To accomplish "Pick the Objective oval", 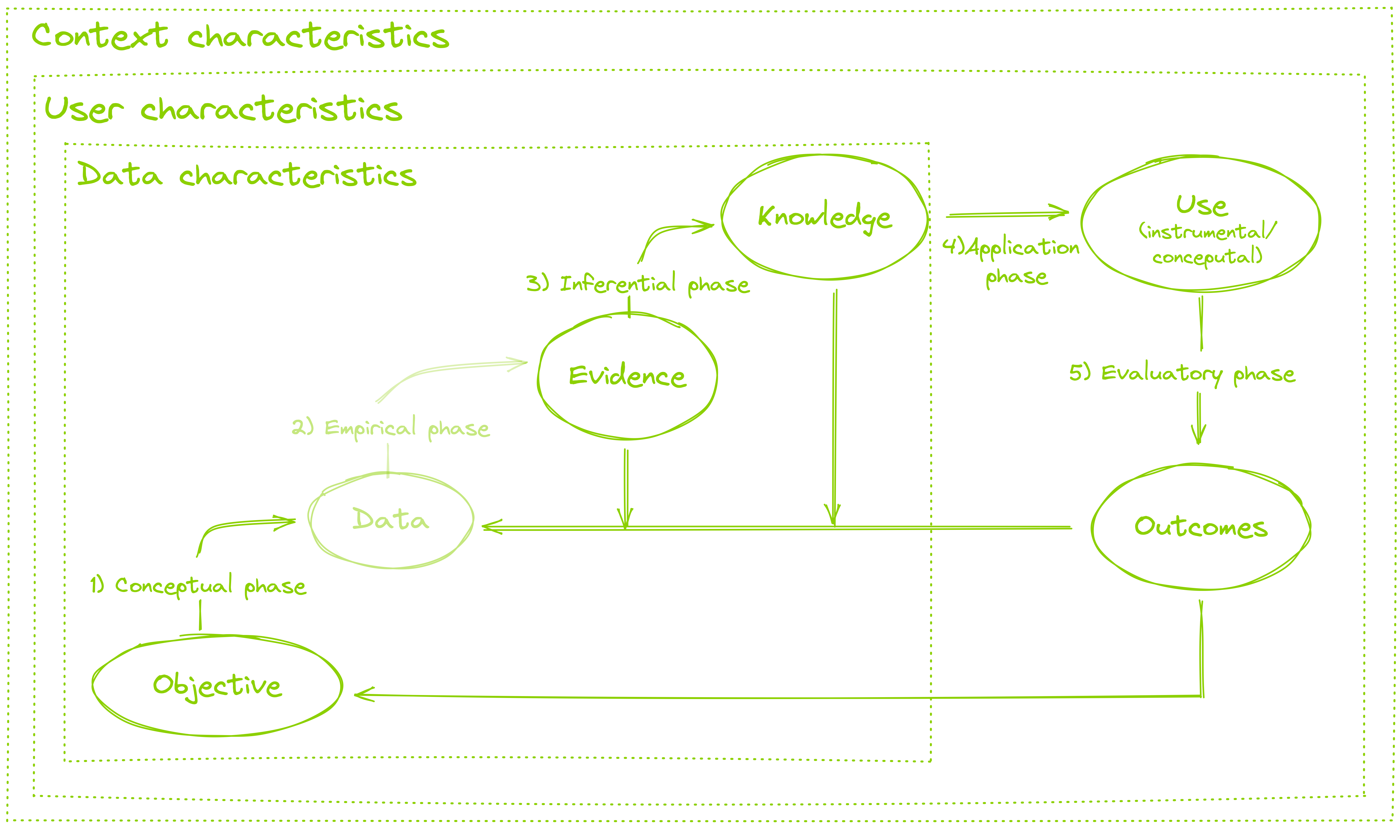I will click(217, 685).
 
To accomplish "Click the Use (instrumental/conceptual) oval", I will click(1200, 223).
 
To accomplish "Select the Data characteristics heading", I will click(247, 175).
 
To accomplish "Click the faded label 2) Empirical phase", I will click(390, 428).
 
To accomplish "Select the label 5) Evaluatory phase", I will click(1182, 373).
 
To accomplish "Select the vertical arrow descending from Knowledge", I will click(834, 402).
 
